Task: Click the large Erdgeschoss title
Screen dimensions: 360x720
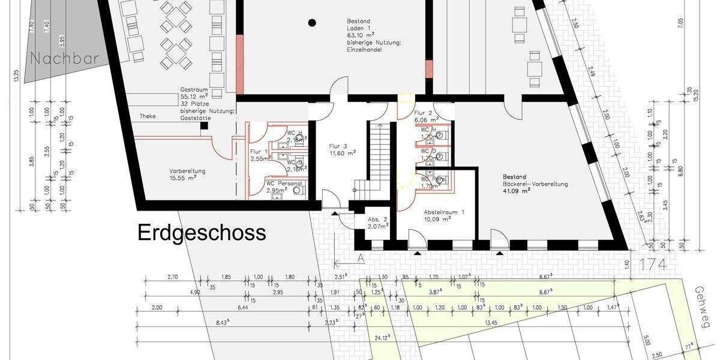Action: point(202,233)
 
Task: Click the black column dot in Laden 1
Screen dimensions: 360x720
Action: point(312,23)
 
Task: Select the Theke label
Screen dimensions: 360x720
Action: point(148,116)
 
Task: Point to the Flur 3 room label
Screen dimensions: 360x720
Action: point(339,146)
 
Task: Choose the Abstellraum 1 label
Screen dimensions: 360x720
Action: point(444,213)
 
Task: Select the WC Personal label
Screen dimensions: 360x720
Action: point(284,184)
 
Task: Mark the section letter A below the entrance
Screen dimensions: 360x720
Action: point(361,258)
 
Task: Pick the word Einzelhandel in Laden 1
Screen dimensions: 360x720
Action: point(365,50)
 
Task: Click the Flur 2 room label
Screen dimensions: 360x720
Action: point(423,113)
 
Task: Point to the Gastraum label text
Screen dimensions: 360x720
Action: point(194,89)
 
